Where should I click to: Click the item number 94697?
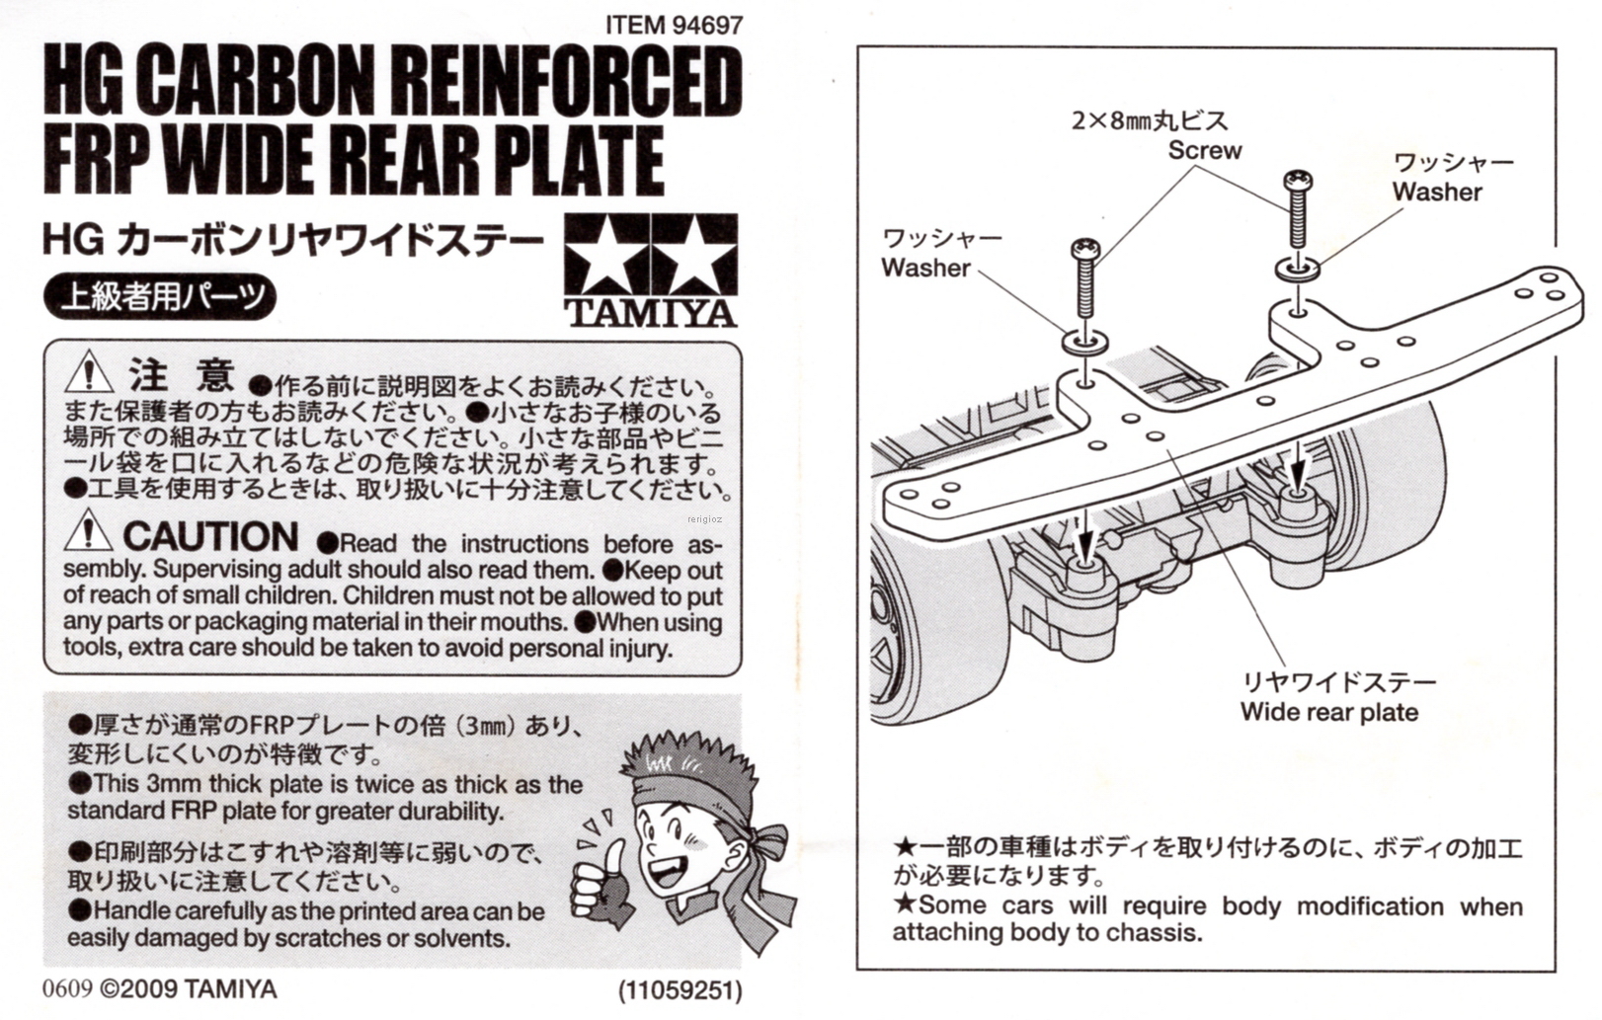[706, 24]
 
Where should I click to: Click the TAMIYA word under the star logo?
[651, 314]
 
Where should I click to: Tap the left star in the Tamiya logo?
[604, 256]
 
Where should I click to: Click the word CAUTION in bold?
[210, 536]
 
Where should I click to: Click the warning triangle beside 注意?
[89, 372]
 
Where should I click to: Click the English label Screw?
[1204, 150]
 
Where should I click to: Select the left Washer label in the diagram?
[925, 268]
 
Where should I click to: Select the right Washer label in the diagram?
[1437, 192]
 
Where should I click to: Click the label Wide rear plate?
[1328, 712]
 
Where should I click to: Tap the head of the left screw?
[1084, 247]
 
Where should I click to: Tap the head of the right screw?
[1298, 182]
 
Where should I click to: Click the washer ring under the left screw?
[1085, 342]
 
